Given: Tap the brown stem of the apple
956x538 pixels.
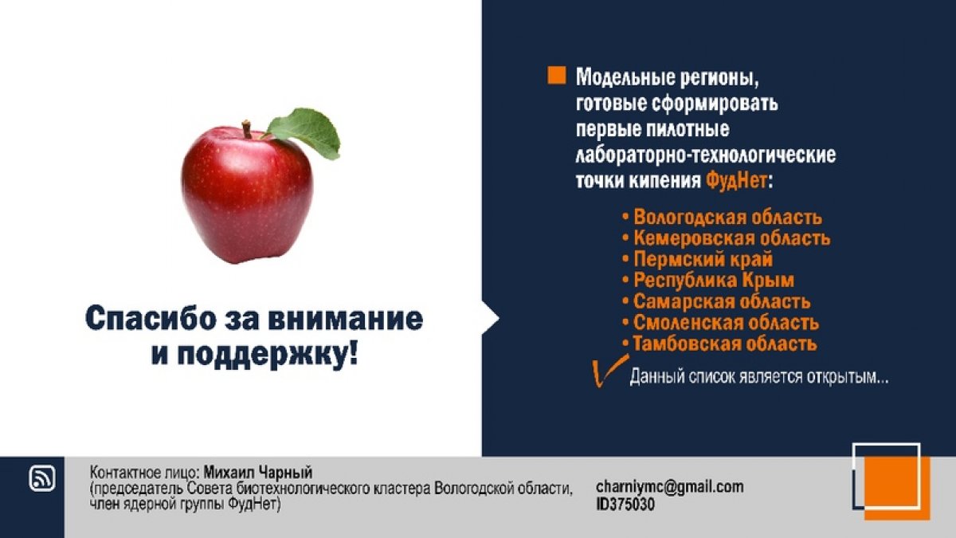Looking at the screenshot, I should point(248,128).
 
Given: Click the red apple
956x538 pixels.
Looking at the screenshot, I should point(246,195).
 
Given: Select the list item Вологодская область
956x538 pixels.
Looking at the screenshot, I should point(727,217).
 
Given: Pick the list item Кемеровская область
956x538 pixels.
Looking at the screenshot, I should point(731,238).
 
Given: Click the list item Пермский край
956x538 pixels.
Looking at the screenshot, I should point(703,259).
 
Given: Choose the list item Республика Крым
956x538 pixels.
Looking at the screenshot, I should point(713,281).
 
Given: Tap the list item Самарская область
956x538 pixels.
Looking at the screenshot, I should point(722,302).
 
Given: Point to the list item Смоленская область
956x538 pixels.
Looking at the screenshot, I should point(726,323).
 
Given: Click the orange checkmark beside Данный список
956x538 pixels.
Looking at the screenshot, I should point(605,372).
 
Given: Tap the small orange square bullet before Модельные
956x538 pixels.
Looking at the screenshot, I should point(557,76).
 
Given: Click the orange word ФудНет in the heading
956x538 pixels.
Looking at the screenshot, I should point(737,180).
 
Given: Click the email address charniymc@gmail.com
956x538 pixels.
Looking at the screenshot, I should point(669,486).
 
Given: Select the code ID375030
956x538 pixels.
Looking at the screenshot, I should point(625,504).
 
